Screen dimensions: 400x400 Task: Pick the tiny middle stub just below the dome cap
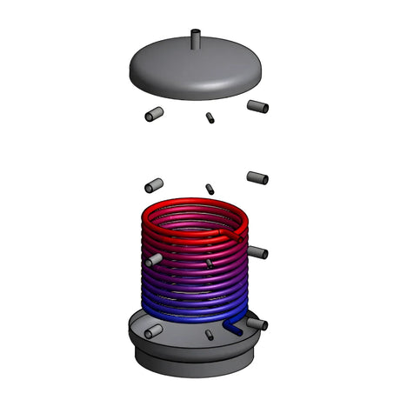[210, 118]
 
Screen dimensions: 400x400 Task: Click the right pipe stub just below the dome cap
[258, 107]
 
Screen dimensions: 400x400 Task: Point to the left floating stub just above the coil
[154, 185]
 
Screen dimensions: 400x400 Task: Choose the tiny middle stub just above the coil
[210, 188]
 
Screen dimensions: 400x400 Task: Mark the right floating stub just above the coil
[257, 177]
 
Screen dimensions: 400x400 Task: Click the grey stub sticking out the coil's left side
[153, 259]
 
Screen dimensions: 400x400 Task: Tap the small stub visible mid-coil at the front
[209, 262]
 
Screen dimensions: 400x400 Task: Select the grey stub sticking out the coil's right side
[257, 252]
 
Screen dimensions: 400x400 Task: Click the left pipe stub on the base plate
[152, 331]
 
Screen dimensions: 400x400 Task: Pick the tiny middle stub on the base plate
[209, 334]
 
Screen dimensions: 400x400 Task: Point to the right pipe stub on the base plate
[257, 323]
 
